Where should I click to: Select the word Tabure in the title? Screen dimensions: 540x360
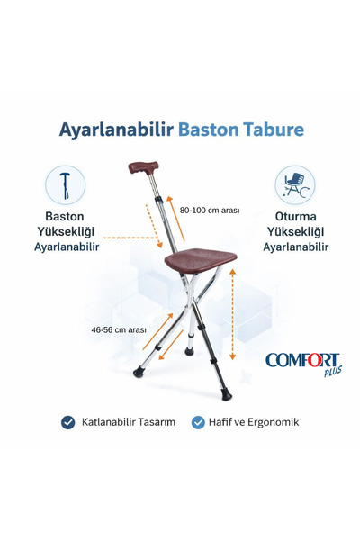[x=273, y=129]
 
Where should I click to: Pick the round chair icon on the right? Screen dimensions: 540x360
[x=293, y=184]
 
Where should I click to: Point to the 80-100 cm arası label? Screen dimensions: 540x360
[x=209, y=211]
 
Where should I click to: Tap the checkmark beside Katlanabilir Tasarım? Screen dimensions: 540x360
[x=67, y=421]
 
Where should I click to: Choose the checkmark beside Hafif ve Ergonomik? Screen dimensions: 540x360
[x=198, y=421]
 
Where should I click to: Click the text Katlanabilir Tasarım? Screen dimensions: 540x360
[x=125, y=421]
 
